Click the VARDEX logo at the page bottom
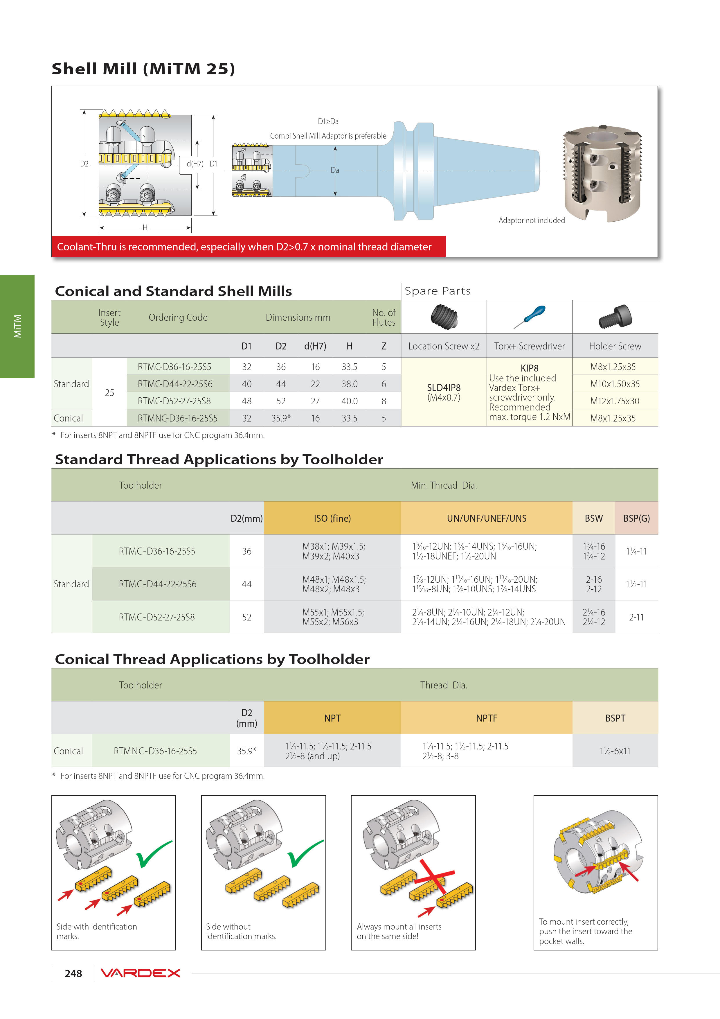pyautogui.click(x=140, y=973)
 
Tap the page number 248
pyautogui.click(x=73, y=974)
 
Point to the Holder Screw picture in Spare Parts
pyautogui.click(x=615, y=316)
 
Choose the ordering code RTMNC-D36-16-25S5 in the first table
pyautogui.click(x=177, y=418)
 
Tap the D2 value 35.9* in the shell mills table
pyautogui.click(x=281, y=418)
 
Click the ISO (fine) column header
pyautogui.click(x=332, y=518)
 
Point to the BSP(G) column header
pyautogui.click(x=636, y=518)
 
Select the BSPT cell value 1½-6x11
pyautogui.click(x=615, y=751)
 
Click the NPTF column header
pyautogui.click(x=486, y=718)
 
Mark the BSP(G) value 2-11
pyautogui.click(x=636, y=617)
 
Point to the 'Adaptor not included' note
pyautogui.click(x=532, y=220)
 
